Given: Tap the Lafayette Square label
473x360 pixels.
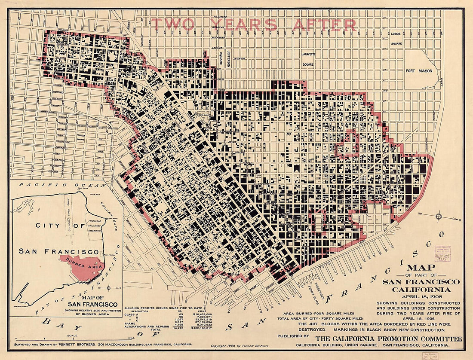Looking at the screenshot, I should (308, 59).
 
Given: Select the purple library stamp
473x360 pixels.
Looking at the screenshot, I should (442, 253).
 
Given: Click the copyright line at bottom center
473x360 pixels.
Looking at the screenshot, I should (238, 345).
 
